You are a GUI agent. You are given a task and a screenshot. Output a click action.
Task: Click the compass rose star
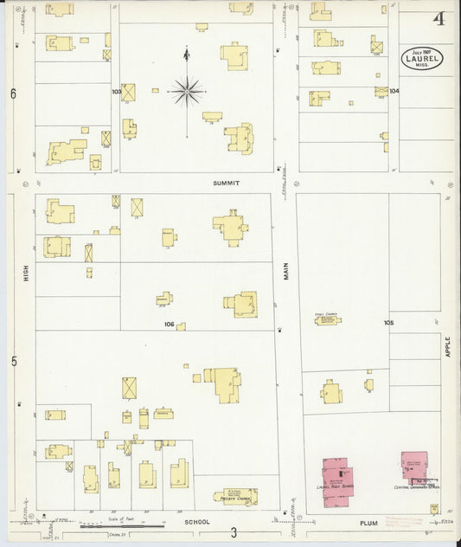[x=186, y=89]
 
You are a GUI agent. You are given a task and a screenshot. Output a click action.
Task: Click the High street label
[x=26, y=274]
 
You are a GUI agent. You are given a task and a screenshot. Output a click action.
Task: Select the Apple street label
[x=448, y=346]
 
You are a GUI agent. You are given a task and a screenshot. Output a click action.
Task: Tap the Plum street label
[x=370, y=523]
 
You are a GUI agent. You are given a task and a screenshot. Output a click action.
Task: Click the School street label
[x=197, y=523]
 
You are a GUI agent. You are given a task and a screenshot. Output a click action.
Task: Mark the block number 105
[x=389, y=322]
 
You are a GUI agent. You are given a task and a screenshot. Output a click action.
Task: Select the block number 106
[x=170, y=325]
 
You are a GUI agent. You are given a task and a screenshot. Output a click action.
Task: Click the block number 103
[x=116, y=91]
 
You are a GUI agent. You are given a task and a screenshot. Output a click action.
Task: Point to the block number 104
[x=394, y=91]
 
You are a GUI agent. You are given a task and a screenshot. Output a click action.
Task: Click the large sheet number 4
[x=439, y=19]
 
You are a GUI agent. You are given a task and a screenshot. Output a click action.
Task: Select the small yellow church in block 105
[x=327, y=319]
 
